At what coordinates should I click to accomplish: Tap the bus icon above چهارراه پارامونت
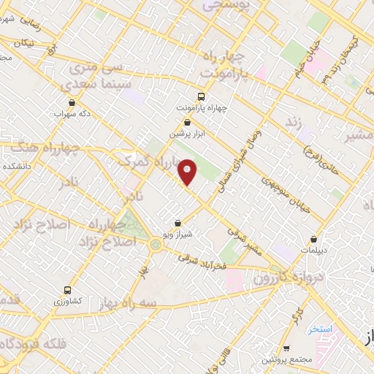pyautogui.click(x=202, y=96)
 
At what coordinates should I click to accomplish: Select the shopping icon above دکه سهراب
pyautogui.click(x=72, y=103)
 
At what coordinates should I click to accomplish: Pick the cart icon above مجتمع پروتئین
pyautogui.click(x=286, y=348)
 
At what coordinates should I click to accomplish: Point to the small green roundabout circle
pyautogui.click(x=156, y=245)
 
